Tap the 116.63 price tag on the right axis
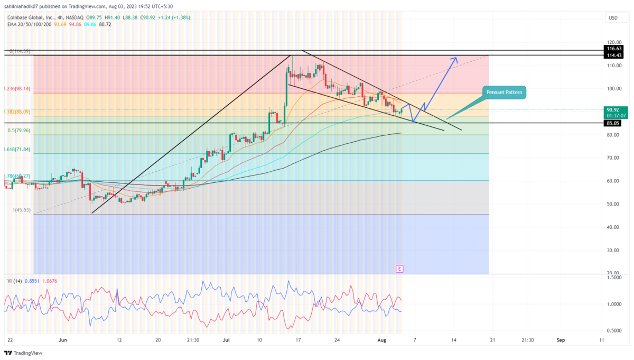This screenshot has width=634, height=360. [614, 48]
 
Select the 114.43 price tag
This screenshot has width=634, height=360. [614, 55]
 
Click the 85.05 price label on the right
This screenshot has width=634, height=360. [614, 123]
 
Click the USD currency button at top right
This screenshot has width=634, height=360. [613, 18]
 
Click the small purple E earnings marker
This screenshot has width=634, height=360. [399, 269]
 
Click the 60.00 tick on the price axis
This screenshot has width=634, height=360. [613, 181]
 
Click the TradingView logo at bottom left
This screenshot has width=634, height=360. [24, 353]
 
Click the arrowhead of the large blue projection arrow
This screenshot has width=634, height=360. [456, 58]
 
